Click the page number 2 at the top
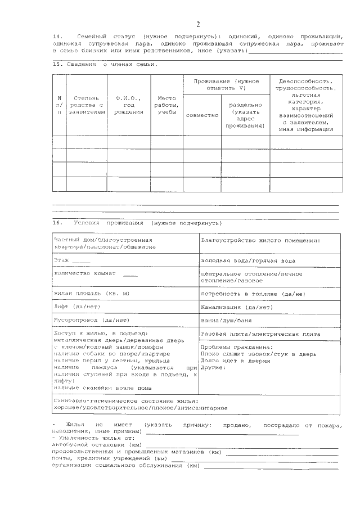pos(197,24)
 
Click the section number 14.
pos(57,35)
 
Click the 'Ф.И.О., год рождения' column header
pos(128,105)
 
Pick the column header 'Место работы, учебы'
pos(167,105)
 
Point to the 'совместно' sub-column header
pos(202,114)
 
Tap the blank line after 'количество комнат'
pos(129,275)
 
